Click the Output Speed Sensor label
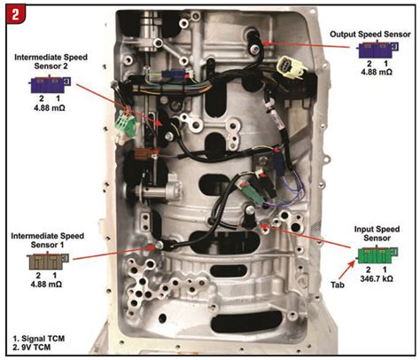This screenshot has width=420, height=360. pos(369,35)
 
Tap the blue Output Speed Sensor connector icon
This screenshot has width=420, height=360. pos(378,50)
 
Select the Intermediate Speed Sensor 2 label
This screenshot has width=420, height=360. pos(51,61)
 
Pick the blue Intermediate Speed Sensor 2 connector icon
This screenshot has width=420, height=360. pos(51,85)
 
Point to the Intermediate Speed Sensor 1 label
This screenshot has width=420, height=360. pos(48,240)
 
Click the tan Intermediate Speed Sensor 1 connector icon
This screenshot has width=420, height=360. pos(48,262)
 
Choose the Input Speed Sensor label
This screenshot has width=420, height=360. pos(377,233)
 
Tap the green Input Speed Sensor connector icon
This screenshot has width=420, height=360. pos(377,255)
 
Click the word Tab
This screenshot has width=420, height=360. pos(337,285)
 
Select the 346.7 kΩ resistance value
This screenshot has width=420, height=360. pos(377,278)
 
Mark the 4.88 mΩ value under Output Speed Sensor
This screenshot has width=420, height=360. pos(377,72)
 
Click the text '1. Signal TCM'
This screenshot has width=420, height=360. pos(38,339)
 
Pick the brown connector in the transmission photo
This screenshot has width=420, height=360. pos(144,153)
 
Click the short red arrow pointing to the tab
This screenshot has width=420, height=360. pos(349,270)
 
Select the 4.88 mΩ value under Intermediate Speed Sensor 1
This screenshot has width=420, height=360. pos(46,284)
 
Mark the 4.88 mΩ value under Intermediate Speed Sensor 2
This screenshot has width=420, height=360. pos(50,107)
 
